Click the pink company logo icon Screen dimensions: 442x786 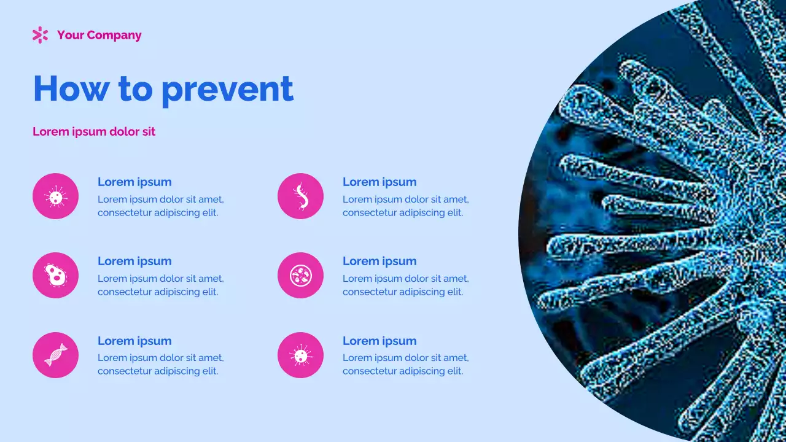(40, 35)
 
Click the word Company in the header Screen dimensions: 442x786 (114, 35)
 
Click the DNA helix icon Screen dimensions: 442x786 (55, 355)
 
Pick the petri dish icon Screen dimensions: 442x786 (300, 276)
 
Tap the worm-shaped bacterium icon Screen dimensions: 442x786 (300, 196)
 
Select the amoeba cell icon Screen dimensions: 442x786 (55, 276)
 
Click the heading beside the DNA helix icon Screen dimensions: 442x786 (134, 341)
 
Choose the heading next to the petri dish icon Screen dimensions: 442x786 (379, 261)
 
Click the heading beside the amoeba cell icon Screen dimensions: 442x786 (134, 261)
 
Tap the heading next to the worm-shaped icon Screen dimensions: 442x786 (379, 182)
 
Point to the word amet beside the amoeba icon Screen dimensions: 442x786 (211, 279)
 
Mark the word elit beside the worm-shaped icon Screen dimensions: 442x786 (454, 213)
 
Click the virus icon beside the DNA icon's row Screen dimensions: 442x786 (300, 355)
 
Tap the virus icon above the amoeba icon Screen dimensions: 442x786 (55, 196)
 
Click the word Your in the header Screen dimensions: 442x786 (70, 35)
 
